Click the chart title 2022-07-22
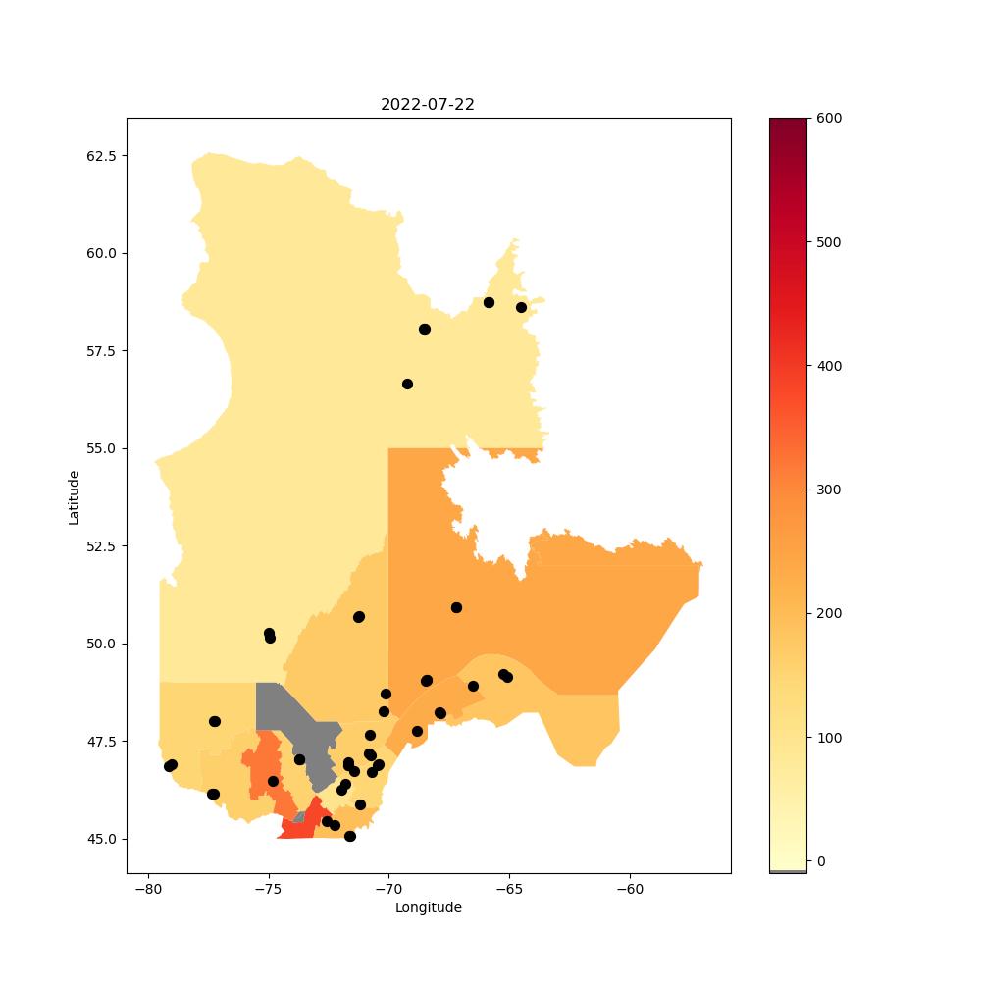(428, 105)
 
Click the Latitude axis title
(74, 498)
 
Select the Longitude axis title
(429, 907)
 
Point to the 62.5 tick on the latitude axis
(101, 156)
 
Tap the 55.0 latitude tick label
(101, 448)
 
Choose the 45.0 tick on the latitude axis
(101, 839)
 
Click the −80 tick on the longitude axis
(149, 889)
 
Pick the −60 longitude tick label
(630, 889)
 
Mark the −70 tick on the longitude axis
(389, 889)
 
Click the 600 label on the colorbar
(829, 119)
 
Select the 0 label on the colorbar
(821, 861)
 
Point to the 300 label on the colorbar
(829, 490)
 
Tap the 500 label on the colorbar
(829, 242)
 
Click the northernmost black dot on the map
(490, 303)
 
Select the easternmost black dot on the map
(522, 308)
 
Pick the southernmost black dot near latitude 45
(350, 837)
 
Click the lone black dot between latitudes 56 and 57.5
(407, 385)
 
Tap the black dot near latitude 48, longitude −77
(215, 721)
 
